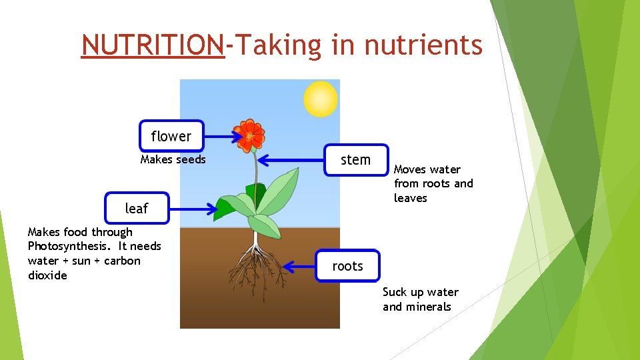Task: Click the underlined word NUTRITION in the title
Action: coord(153,45)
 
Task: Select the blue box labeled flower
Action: coord(171,136)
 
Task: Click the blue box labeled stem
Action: coord(355,160)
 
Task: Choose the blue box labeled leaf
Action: coord(137,208)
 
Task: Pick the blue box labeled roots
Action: coord(347,267)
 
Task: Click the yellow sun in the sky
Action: coord(321,99)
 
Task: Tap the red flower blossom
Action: coord(251,135)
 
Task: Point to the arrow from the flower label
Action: coord(223,137)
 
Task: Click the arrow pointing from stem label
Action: coord(291,160)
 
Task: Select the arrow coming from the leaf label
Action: coord(193,209)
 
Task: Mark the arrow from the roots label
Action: coord(299,267)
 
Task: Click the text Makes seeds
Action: coord(173,159)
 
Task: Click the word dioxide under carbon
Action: coord(47,275)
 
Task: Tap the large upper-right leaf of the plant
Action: coord(280,187)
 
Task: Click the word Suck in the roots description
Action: coord(395,292)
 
